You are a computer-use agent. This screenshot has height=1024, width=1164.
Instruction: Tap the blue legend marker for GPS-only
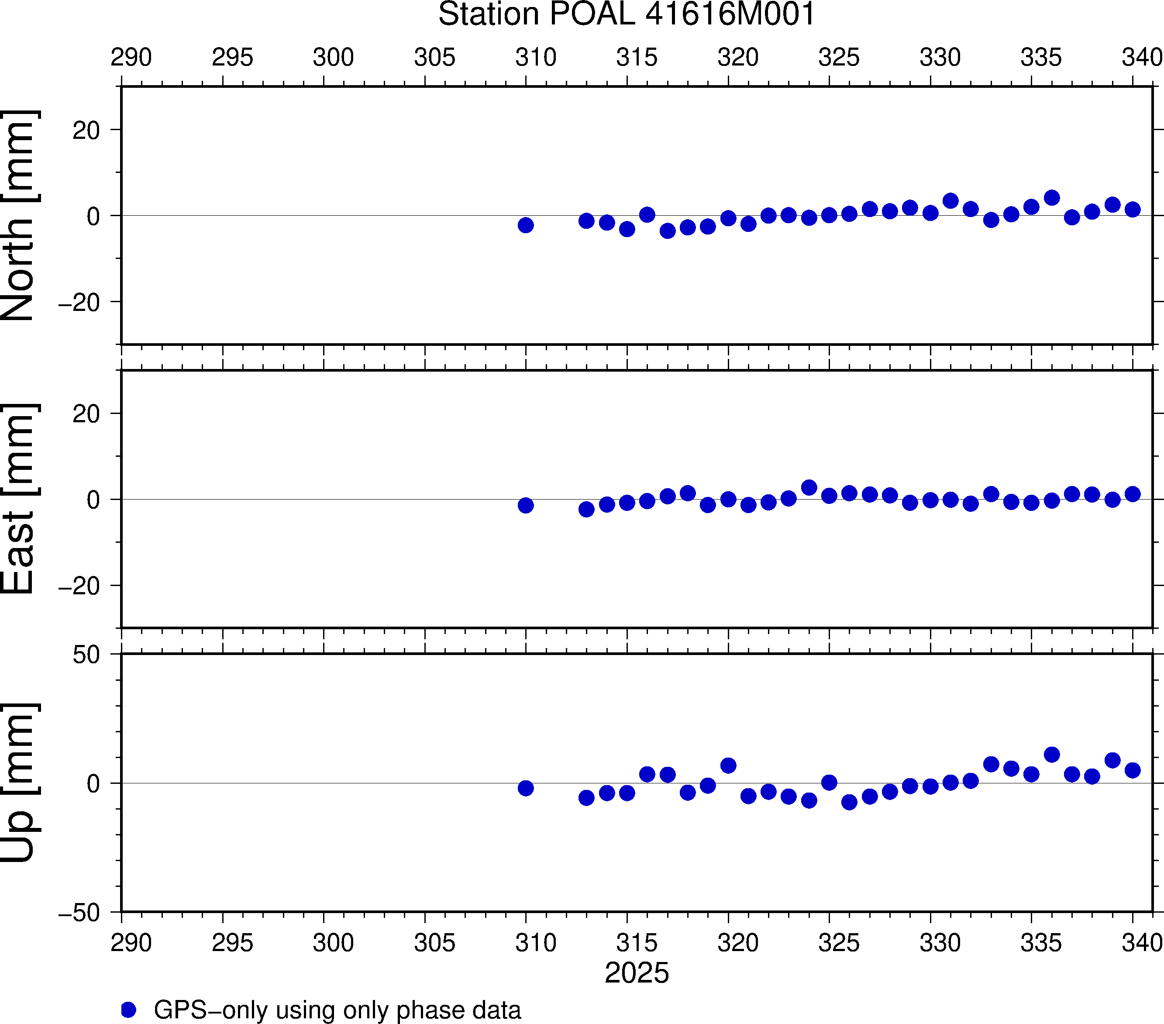coord(129,1010)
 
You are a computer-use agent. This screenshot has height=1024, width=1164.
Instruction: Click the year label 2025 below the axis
coord(637,973)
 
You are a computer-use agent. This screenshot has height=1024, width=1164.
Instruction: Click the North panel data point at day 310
coord(526,225)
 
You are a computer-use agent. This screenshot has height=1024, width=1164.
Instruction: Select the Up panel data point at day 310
coord(526,788)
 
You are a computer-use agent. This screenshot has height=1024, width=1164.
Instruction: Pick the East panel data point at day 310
coord(526,505)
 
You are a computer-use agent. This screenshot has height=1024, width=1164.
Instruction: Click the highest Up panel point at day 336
coord(1052,755)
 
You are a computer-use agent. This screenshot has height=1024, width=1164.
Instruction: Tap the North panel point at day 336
coord(1052,198)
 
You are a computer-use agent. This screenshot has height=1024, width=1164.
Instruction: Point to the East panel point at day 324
coord(809,487)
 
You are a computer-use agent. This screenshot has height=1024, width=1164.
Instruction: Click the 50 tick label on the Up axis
coord(86,655)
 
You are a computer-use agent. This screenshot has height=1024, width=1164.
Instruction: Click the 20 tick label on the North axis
coord(86,131)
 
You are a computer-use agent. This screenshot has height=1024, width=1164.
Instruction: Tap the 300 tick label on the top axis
coord(333,58)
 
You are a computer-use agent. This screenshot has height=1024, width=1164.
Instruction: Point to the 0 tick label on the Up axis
coord(93,784)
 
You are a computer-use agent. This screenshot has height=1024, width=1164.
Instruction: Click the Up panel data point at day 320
coord(728,765)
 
